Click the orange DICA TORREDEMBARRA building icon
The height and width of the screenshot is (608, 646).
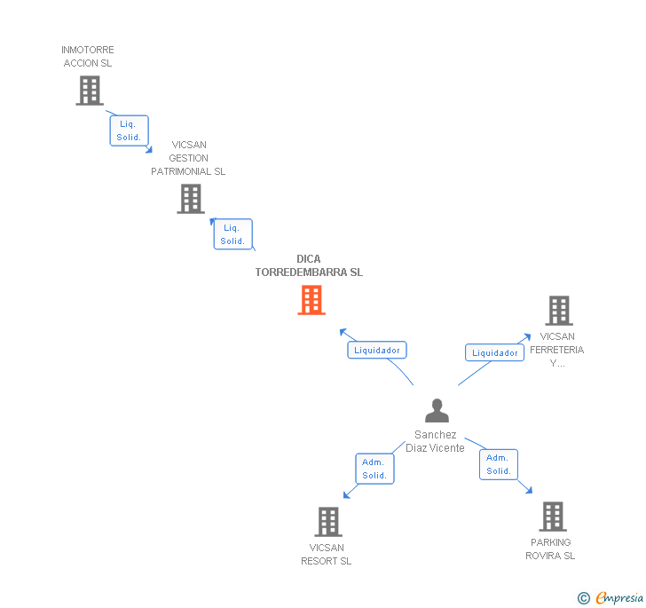[311, 300]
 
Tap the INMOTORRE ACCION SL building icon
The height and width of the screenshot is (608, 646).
[89, 91]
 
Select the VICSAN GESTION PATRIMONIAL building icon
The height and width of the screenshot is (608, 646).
[190, 199]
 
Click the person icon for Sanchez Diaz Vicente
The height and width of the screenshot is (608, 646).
[437, 410]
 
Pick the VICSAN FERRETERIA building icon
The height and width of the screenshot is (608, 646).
[558, 311]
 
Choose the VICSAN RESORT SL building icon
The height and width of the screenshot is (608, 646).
[328, 522]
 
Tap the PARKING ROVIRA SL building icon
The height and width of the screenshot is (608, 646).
[552, 517]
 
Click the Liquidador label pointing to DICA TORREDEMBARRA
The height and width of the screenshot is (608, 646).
[377, 350]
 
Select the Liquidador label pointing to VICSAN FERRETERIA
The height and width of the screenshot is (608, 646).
[494, 352]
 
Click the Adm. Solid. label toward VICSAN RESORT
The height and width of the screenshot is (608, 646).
[374, 469]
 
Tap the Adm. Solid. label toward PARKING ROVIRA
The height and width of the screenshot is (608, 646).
[499, 464]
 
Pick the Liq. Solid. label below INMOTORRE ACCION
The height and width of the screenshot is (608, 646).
[129, 130]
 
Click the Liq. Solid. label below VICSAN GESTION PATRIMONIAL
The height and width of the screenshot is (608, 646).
[232, 234]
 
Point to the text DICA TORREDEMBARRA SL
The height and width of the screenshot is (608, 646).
[309, 266]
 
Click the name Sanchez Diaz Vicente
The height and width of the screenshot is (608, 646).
[435, 441]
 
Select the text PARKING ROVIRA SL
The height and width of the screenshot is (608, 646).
[550, 549]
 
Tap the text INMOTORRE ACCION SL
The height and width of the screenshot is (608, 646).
[88, 57]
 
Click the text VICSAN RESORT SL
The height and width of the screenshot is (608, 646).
[327, 554]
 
